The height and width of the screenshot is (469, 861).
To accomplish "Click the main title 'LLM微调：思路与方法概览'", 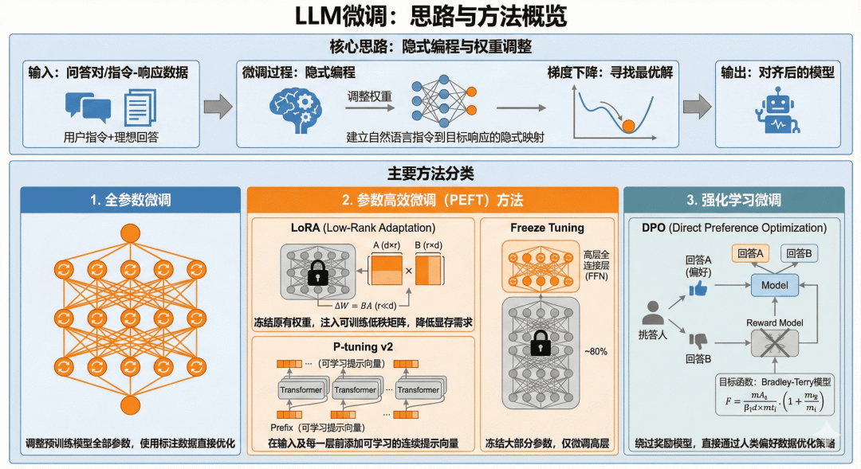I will [431, 17].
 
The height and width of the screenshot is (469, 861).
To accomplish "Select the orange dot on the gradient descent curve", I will [628, 124].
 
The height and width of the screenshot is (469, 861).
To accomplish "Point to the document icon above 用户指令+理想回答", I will [140, 107].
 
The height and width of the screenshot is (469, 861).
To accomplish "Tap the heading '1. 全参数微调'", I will [130, 200].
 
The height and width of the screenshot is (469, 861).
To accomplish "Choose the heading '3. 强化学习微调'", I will [733, 200].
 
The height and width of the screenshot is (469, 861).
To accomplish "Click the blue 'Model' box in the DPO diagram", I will [774, 285].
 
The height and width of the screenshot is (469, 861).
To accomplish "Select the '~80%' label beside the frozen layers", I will [595, 350].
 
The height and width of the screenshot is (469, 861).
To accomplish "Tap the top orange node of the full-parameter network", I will [128, 234].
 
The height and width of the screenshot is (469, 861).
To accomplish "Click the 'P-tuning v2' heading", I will [364, 346].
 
